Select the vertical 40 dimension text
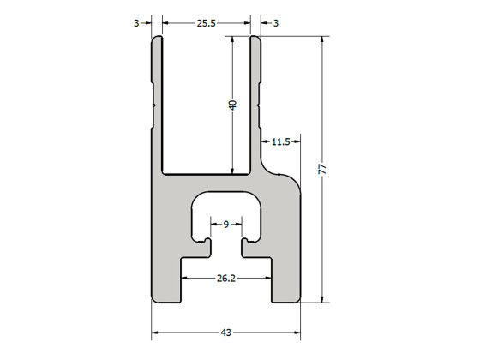coord(232,105)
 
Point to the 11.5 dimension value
coord(280,141)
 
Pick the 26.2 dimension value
coord(226,278)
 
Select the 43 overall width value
coord(226,332)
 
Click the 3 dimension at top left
coord(137,23)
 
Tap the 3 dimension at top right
coord(275,23)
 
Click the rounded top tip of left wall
coord(158,38)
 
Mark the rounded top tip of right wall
coord(255,38)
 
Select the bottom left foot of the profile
coord(166,291)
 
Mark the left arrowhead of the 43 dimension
coord(156,332)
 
